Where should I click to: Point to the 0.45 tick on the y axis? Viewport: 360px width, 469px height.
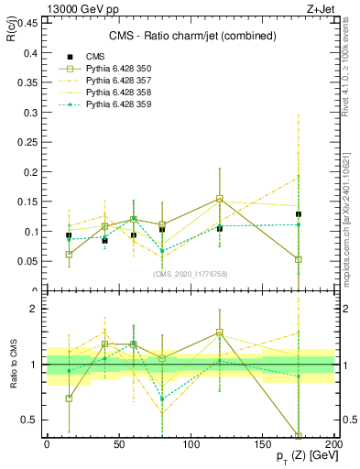click(27, 24)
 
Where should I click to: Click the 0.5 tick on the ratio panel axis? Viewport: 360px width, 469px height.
click(30, 420)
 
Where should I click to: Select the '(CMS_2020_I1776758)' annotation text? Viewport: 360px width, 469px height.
click(191, 273)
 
